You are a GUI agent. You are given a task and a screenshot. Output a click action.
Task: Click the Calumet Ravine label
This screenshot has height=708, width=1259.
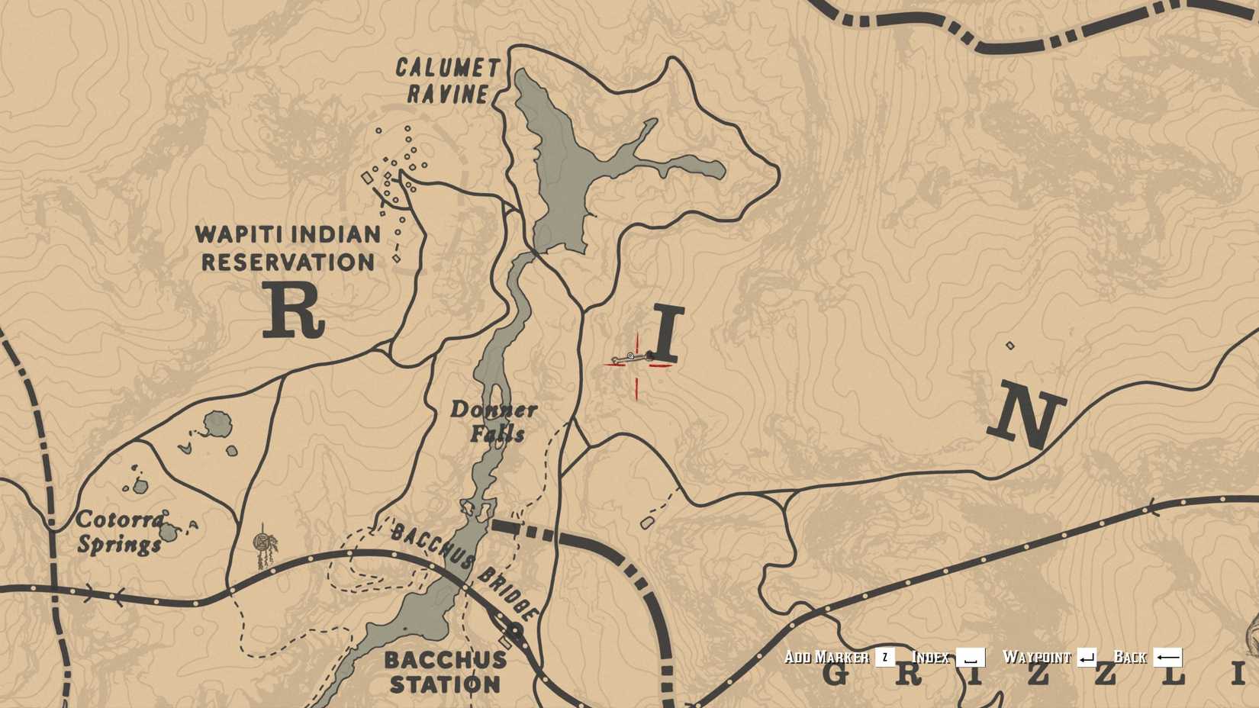coord(448,81)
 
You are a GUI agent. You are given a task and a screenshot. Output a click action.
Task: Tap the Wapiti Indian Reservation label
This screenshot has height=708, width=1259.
coord(288,248)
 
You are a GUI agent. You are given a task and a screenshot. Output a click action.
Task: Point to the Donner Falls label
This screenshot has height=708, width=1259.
coord(494,421)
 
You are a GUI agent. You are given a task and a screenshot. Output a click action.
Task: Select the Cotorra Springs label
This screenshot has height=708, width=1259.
coord(119,533)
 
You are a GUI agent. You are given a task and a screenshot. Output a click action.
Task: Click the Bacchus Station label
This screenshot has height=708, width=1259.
coord(445,671)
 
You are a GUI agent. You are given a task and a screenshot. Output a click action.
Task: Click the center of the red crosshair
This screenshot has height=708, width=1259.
coord(636,365)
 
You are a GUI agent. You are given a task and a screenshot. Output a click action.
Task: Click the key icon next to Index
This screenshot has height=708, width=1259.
coord(970,658)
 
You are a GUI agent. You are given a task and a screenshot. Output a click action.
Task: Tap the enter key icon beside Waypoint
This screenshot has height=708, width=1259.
coord(1087,658)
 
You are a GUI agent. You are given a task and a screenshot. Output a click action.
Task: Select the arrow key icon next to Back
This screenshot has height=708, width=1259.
coord(1167,658)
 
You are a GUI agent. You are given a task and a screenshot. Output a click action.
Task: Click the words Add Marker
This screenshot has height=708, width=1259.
coord(826,658)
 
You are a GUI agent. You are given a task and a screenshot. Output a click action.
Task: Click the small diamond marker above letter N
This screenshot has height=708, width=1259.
coord(1010,346)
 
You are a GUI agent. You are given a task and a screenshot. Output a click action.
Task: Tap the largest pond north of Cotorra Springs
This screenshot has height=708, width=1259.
coord(217,423)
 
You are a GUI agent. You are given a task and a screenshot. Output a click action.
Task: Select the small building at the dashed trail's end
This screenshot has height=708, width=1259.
coord(647,523)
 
